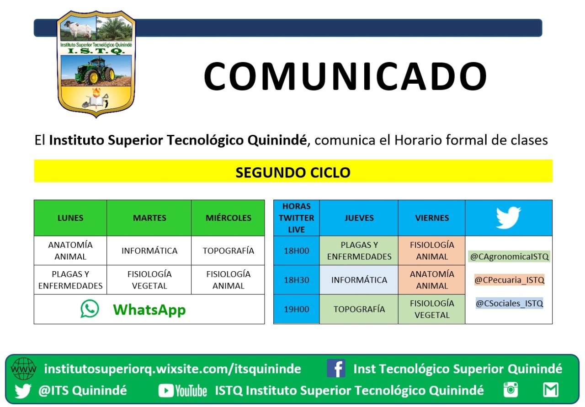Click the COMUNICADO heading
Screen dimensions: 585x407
coord(345,76)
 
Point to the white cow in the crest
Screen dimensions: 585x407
coord(78,30)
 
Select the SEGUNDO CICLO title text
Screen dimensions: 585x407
coord(293,172)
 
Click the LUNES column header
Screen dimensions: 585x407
coord(70,218)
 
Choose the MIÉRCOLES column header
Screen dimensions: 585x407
coord(228,218)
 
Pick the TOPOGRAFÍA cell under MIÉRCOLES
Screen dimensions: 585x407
coord(228,251)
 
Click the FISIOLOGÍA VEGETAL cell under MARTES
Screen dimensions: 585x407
coord(149,280)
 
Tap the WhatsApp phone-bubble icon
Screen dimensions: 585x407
coord(90,309)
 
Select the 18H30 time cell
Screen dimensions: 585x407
coord(297,280)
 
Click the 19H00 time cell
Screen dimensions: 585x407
coord(297,309)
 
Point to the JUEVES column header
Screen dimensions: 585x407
coord(359,218)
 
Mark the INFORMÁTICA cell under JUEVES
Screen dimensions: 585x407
coord(359,280)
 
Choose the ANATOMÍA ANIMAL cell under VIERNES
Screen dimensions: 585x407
coord(432,280)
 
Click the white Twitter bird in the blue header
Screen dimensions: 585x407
coord(508,218)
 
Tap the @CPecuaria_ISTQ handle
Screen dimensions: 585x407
coord(509,280)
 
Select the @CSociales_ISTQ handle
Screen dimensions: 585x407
coord(509,303)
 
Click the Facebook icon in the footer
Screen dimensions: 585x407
coord(336,368)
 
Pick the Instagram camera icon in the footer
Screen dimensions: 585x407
coord(511,390)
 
